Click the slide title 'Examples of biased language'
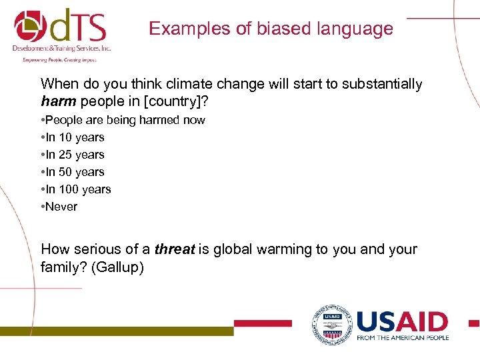click(271, 29)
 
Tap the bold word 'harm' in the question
click(58, 101)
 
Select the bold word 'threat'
click(175, 250)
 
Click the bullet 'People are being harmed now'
click(125, 120)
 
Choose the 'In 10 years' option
click(75, 137)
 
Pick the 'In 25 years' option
click(75, 155)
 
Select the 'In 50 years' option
click(75, 172)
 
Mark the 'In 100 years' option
click(78, 189)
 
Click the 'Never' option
click(61, 207)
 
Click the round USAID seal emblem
click(331, 325)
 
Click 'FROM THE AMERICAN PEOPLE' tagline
click(402, 337)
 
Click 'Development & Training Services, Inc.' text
click(61, 49)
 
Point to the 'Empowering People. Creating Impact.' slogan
click(59, 59)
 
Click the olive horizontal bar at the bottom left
click(117, 331)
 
